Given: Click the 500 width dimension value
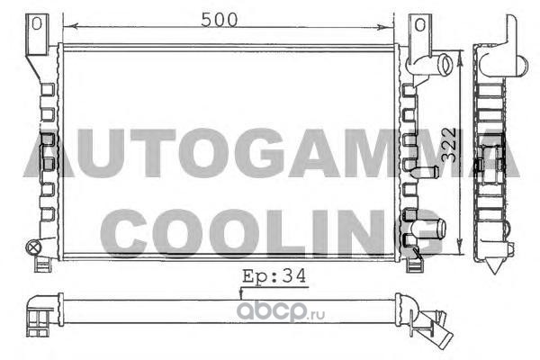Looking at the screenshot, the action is [x=220, y=20].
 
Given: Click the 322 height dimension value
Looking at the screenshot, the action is [x=449, y=145].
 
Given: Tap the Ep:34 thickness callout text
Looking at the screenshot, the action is [x=274, y=276].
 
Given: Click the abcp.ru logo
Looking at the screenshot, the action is [x=281, y=311].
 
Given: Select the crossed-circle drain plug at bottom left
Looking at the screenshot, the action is [x=33, y=247].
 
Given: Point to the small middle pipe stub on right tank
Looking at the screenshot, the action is [x=426, y=171].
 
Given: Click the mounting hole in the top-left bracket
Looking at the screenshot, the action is [x=36, y=23].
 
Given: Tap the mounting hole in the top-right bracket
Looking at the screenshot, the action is [x=419, y=24].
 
